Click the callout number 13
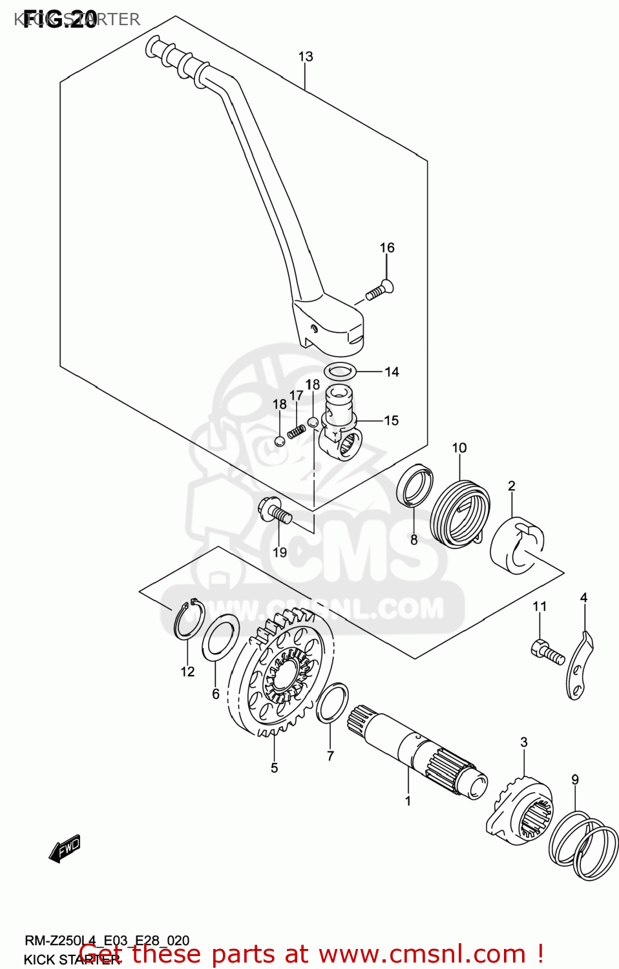pyautogui.click(x=305, y=57)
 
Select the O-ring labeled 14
pyautogui.click(x=341, y=371)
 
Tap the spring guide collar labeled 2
pyautogui.click(x=517, y=546)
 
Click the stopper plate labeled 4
pyautogui.click(x=580, y=669)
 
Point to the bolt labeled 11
pyautogui.click(x=547, y=651)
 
